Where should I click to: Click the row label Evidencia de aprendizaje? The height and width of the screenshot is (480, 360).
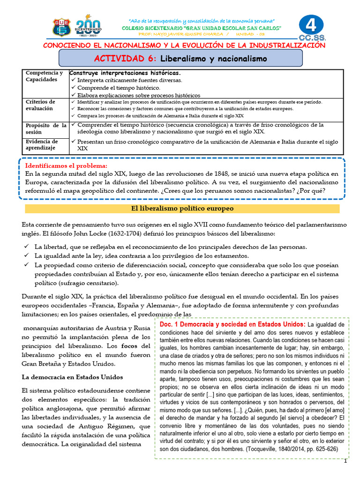tap(42, 144)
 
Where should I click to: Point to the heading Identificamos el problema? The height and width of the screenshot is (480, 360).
tap(66, 165)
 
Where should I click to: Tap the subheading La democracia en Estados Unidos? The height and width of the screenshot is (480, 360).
tap(73, 377)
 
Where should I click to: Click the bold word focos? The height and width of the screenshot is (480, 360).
tap(131, 346)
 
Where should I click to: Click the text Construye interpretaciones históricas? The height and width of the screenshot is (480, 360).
tap(125, 73)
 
